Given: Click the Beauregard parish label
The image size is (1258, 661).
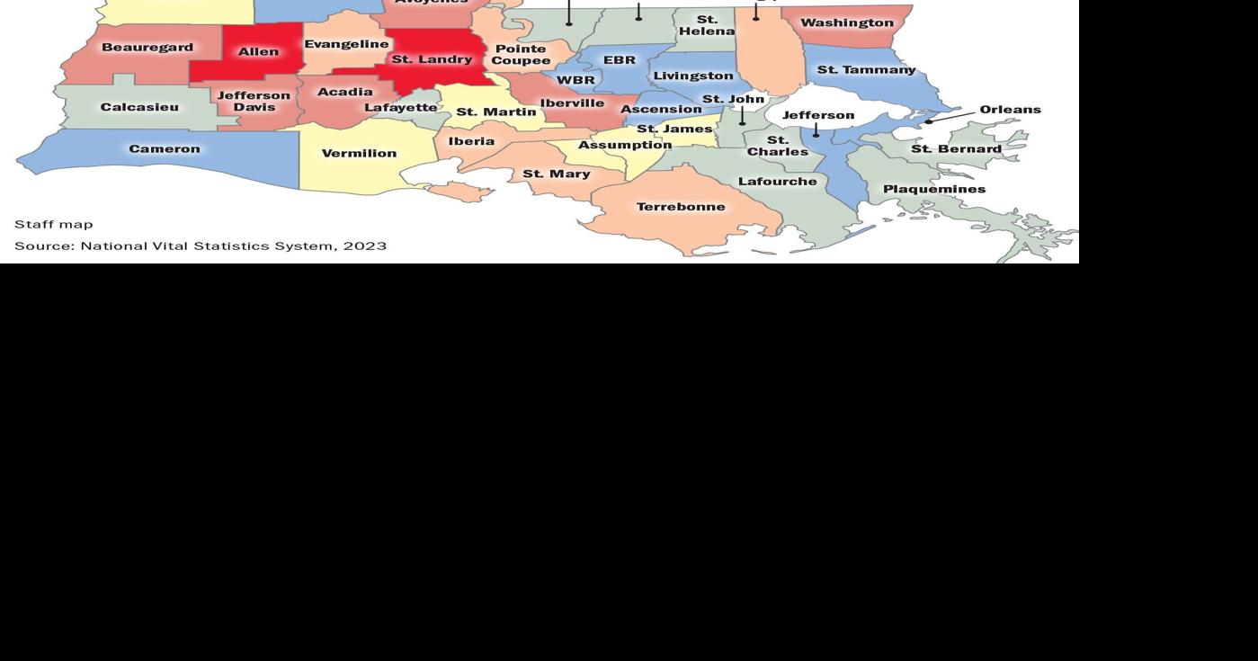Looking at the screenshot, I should click(x=147, y=48).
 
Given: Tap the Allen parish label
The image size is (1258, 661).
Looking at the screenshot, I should click(x=258, y=52).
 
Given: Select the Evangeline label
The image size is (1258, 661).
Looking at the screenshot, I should click(x=346, y=44).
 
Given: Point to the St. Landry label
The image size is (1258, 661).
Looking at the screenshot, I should click(x=432, y=59).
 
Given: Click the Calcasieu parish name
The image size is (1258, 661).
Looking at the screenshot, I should click(x=139, y=107).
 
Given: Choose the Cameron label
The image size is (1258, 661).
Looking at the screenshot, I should click(x=165, y=149).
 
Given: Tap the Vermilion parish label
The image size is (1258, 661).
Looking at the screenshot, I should click(x=359, y=154).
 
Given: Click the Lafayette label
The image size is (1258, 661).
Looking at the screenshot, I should click(x=401, y=107).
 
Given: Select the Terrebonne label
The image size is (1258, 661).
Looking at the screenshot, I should click(x=681, y=207).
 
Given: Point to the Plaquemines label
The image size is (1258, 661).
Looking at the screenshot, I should click(x=934, y=189).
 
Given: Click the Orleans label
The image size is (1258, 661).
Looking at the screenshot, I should click(x=1010, y=110).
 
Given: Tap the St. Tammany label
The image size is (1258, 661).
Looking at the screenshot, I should click(x=866, y=69).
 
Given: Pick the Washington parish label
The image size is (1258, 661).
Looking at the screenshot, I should click(x=847, y=23).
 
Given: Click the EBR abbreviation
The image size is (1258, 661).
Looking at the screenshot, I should click(x=619, y=60).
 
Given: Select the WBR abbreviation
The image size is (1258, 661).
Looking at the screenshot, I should click(x=575, y=80).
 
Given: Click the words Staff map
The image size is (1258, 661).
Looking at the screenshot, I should click(x=54, y=224).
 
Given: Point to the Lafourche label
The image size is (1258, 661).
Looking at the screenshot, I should click(x=777, y=182).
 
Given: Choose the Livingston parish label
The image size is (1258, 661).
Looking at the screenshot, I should click(x=692, y=76).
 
